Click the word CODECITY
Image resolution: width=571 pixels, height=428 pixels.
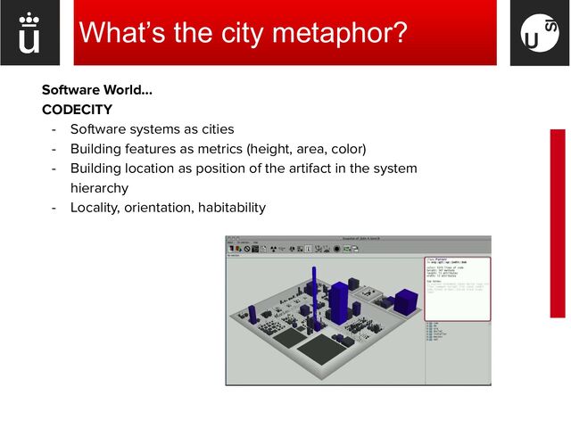[77, 110]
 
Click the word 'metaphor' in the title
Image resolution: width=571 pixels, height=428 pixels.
[339, 33]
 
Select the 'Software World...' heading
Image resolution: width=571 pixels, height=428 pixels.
[97, 90]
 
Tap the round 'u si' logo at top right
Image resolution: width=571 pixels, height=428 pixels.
[539, 34]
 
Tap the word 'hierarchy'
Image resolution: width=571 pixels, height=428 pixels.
[99, 188]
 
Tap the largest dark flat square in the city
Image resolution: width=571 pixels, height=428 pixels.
[324, 349]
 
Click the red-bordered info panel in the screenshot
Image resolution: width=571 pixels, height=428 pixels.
[456, 288]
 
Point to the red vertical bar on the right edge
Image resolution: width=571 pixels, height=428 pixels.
[558, 223]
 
